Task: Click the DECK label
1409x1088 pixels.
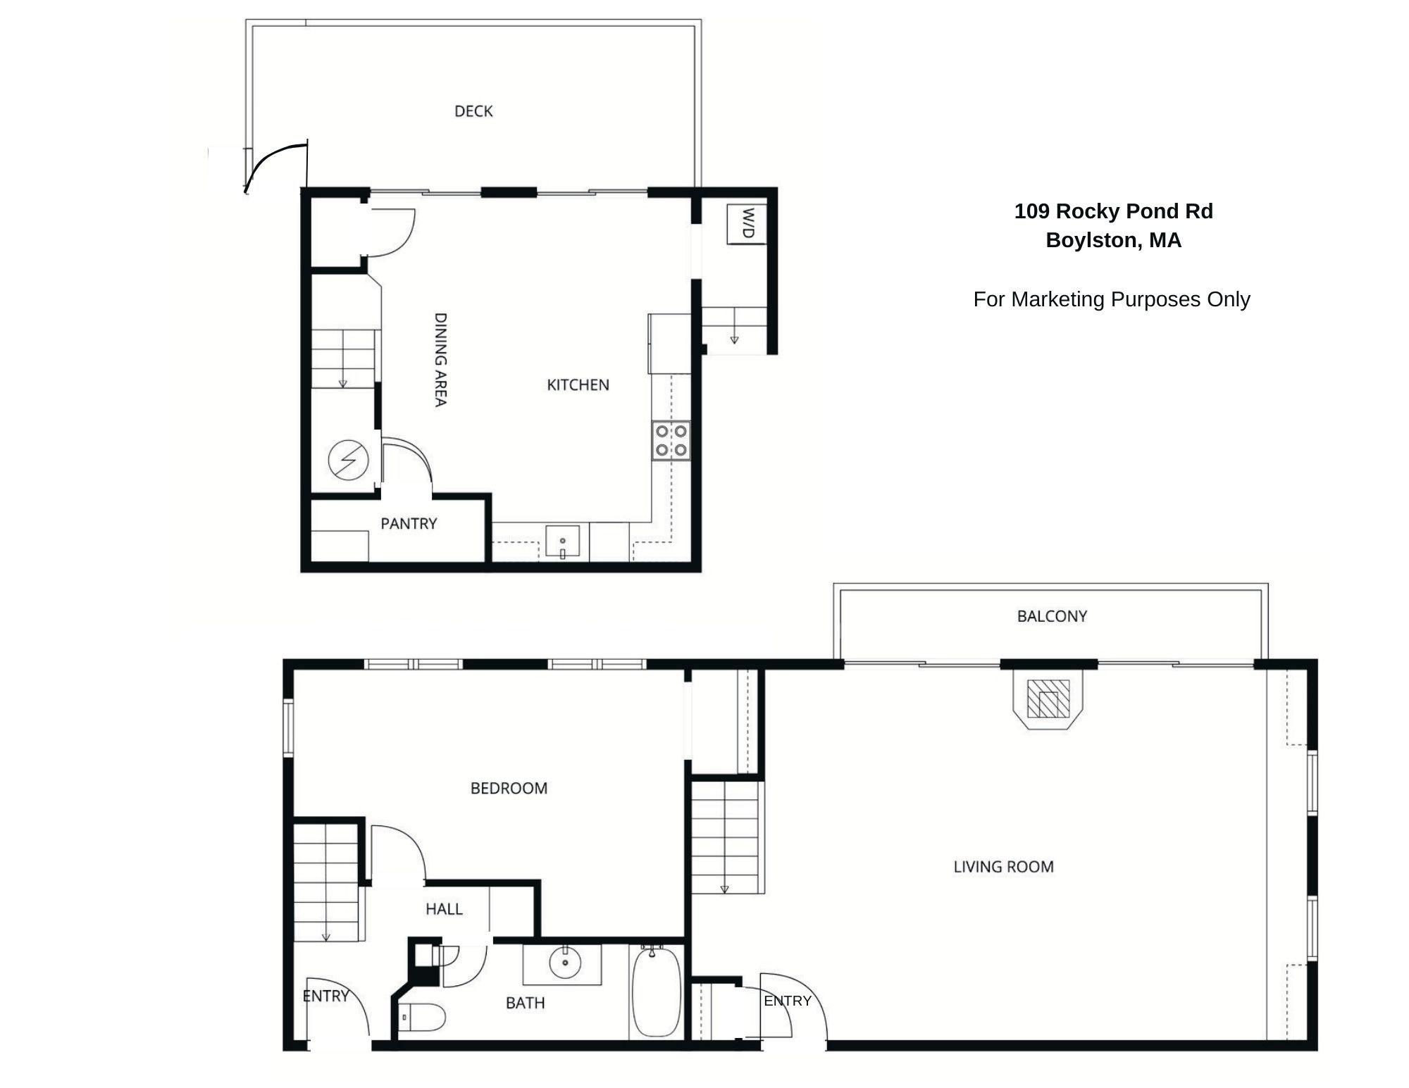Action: [473, 111]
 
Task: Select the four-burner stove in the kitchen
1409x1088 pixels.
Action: [671, 441]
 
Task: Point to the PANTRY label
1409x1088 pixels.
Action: [409, 523]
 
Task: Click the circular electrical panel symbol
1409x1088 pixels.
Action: [348, 460]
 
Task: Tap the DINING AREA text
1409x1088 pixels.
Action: [440, 360]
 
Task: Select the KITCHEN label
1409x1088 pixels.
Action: [578, 384]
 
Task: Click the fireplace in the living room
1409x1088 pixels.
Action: [1048, 699]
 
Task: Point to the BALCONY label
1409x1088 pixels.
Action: [1052, 616]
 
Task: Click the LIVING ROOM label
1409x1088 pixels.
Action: [1003, 867]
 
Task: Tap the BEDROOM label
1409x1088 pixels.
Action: [509, 788]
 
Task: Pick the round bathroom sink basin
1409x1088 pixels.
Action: [565, 963]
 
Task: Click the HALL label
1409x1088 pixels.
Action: [444, 909]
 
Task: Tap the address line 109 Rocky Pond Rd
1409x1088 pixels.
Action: [1113, 211]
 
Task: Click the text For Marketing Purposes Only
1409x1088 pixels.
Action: [1112, 299]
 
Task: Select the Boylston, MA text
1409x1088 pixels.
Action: [1113, 240]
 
